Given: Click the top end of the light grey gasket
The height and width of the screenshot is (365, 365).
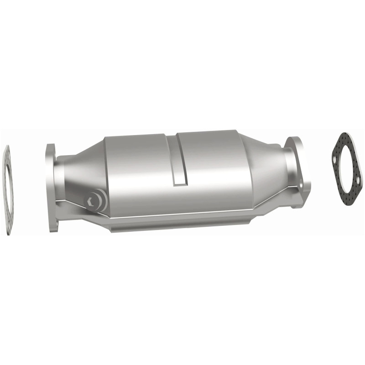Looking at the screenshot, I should tap(7, 151).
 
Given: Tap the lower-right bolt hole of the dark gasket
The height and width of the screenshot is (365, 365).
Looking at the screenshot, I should tap(358, 183).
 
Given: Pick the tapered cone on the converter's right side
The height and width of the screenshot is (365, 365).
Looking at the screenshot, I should tap(265, 169).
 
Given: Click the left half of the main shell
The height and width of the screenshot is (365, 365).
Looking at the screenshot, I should tap(137, 169).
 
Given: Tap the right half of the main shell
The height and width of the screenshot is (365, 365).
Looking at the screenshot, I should tap(214, 164).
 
